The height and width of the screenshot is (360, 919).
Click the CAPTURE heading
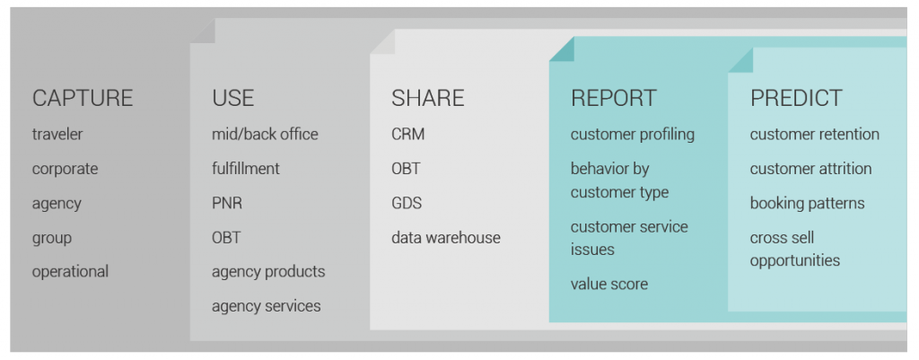point(83,98)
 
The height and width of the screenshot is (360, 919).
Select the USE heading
point(233,98)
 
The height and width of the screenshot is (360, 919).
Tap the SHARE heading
point(428,98)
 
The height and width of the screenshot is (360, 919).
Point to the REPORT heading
point(614,98)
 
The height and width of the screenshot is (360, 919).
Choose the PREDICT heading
point(796,98)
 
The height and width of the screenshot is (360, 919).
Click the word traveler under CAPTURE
point(57,135)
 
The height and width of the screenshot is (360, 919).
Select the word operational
point(70,272)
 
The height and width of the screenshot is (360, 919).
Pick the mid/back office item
point(265,135)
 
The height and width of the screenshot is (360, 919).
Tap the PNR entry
point(227,204)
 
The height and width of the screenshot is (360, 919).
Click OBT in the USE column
point(226,238)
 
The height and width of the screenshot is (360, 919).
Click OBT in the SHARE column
point(406,169)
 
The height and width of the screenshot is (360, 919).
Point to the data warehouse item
point(446,238)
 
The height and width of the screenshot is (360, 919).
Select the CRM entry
point(408,135)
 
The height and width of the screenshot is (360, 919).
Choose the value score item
point(609,285)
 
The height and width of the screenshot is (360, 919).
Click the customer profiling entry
point(633,135)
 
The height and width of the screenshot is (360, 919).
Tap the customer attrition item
point(810,169)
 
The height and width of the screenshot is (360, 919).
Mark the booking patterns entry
point(807,204)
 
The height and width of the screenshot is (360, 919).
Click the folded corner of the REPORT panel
point(562,49)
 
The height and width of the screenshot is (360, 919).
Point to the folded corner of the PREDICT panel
point(740,60)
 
